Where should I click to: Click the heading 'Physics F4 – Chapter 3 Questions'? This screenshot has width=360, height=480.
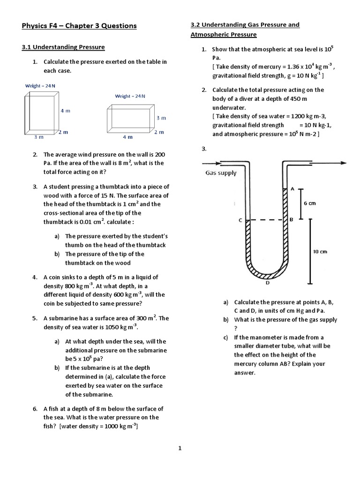pos(79,26)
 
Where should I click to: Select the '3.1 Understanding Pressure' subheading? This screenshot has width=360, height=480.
pos(63,47)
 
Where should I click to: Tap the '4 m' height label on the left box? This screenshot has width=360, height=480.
pos(65,111)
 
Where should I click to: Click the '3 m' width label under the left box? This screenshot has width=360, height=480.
pos(38,137)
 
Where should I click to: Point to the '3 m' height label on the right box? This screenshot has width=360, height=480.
pos(161,118)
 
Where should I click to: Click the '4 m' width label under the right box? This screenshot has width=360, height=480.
pos(127,137)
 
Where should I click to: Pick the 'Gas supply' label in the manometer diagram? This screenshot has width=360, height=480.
pos(221,173)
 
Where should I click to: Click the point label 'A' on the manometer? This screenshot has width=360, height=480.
pos(292,189)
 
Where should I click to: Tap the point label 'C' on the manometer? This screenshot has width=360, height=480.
pos(240,220)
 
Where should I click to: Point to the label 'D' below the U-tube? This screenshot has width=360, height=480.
pos(267,283)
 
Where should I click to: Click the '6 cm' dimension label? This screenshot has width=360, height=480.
pos(310,203)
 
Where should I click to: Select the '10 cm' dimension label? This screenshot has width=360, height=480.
pos(320,252)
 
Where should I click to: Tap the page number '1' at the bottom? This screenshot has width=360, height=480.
pos(180,449)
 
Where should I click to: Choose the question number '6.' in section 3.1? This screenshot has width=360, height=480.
pos(35,409)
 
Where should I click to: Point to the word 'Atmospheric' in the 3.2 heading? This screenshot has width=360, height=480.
pos(211,35)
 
